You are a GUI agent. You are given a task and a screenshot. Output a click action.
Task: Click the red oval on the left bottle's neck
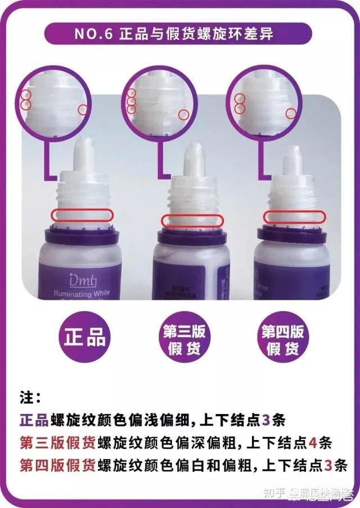click(82, 214)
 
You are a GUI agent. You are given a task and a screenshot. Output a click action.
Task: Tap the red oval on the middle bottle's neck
click(191, 221)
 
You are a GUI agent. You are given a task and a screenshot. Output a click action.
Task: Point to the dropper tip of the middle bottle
click(193, 156)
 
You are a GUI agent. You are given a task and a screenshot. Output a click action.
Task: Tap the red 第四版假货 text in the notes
click(57, 465)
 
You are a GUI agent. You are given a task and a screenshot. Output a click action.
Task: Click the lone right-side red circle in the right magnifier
click(291, 114)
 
